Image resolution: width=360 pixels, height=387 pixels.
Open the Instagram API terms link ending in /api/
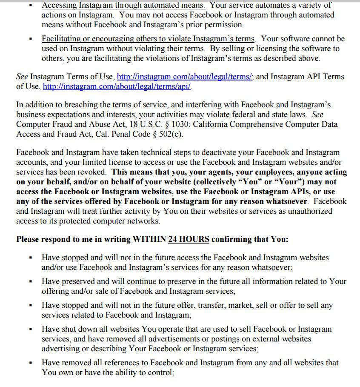117,86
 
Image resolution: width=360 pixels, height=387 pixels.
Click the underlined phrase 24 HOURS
189,239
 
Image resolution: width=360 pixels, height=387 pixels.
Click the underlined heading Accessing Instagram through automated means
123,6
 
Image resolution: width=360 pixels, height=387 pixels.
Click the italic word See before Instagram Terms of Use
22,77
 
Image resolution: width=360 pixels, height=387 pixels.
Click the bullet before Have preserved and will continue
31,282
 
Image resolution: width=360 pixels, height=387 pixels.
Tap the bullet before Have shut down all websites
31,330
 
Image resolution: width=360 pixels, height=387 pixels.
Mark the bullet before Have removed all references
31,363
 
